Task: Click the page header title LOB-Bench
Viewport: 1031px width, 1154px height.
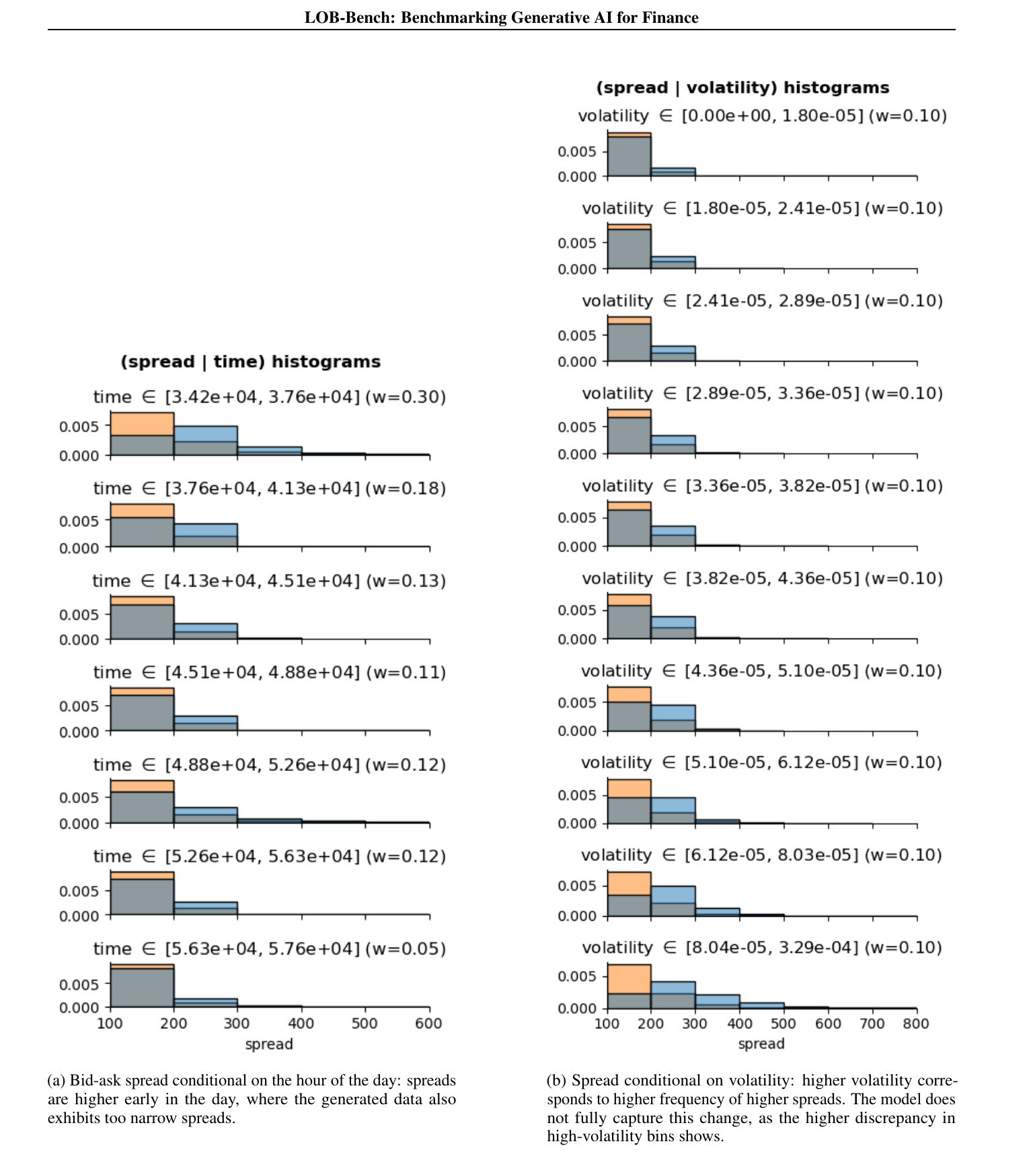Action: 501,17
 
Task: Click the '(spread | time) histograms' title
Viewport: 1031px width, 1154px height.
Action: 250,362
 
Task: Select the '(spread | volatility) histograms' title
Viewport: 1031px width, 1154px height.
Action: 742,87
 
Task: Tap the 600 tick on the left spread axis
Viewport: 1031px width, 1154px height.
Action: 429,1023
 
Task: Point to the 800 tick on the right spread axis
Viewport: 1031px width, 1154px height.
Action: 916,1023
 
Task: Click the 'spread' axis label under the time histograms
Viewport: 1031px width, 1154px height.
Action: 269,1044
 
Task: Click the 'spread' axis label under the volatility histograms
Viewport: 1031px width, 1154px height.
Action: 761,1044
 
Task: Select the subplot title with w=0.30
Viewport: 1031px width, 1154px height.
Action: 270,397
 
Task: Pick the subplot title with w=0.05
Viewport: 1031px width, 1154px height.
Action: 270,948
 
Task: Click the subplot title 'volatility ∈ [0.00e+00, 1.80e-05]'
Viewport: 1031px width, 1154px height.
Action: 762,116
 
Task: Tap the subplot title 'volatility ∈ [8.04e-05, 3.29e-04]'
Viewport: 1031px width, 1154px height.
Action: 762,947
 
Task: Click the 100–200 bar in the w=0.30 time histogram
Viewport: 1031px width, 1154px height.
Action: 142,434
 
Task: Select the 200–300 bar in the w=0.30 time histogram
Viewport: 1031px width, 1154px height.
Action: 206,441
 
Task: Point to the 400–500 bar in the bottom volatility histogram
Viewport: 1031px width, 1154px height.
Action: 761,1005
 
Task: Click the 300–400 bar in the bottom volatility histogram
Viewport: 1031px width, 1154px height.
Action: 718,1001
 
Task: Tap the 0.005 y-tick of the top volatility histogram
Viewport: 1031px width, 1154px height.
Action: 577,151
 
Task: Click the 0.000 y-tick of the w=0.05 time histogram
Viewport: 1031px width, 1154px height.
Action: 79,1007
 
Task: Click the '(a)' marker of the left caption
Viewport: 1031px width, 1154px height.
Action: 56,1081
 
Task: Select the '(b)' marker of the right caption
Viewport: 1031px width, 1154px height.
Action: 557,1081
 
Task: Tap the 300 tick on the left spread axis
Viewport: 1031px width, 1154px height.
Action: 237,1023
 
